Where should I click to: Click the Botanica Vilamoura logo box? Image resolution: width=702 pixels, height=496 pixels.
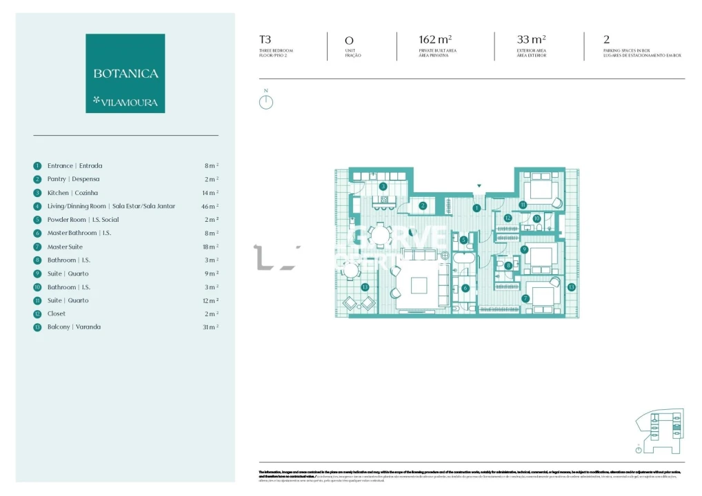point(125,73)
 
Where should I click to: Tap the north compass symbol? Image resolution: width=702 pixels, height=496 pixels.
point(266,102)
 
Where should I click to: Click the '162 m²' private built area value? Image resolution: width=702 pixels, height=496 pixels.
point(435,40)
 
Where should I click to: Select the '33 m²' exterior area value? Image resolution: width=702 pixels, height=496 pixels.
point(531,40)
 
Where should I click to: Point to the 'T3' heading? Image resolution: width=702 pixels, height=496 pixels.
point(265,40)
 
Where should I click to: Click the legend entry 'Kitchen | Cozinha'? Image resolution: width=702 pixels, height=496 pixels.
point(72,193)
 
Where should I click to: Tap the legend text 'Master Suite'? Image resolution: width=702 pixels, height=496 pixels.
point(65,247)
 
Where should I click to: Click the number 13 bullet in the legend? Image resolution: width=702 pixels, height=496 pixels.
point(37,327)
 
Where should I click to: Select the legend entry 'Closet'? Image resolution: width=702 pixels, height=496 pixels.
point(57,313)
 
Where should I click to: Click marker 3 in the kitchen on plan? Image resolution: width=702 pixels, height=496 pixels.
point(383,186)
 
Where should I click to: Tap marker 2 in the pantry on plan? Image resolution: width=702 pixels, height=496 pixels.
point(423,205)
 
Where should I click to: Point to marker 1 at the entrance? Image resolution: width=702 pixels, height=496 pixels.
point(476,207)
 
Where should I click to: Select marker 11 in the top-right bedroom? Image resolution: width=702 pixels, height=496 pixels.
point(523,205)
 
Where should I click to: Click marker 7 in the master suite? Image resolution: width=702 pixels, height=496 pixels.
point(525,298)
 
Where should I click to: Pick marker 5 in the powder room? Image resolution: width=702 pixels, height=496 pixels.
point(464,240)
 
